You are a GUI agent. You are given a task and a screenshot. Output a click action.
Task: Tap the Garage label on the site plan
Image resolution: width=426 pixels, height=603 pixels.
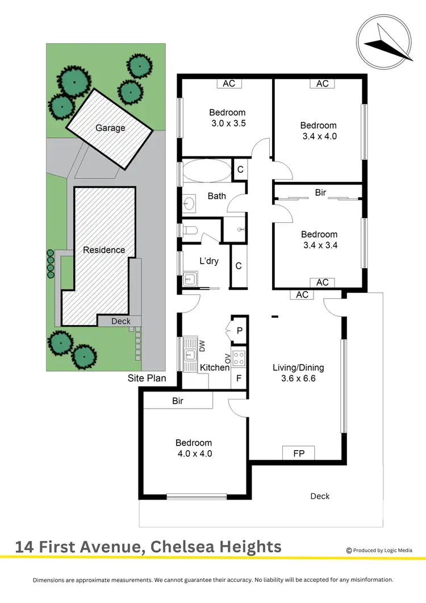[110, 128]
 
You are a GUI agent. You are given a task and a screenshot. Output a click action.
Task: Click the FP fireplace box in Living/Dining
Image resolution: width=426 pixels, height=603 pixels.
[298, 454]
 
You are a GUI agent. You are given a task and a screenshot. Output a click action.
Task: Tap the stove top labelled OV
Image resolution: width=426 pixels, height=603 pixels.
[239, 358]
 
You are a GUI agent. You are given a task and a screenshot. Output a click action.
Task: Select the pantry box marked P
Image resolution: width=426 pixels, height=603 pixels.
[239, 330]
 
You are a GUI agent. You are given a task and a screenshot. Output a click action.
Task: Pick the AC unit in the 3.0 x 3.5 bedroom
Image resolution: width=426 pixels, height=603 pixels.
[229, 84]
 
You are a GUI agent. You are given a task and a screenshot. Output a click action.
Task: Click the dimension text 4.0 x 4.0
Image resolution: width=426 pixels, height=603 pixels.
[194, 454]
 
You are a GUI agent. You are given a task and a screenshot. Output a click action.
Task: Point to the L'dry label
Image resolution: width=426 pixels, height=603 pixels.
[210, 261]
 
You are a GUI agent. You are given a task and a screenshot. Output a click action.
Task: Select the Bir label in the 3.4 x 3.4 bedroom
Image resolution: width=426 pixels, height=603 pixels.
[320, 193]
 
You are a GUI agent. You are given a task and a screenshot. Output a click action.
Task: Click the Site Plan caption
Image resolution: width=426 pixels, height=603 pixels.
[147, 378]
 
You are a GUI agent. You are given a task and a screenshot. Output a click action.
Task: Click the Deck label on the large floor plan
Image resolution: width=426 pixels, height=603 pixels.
[320, 496]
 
